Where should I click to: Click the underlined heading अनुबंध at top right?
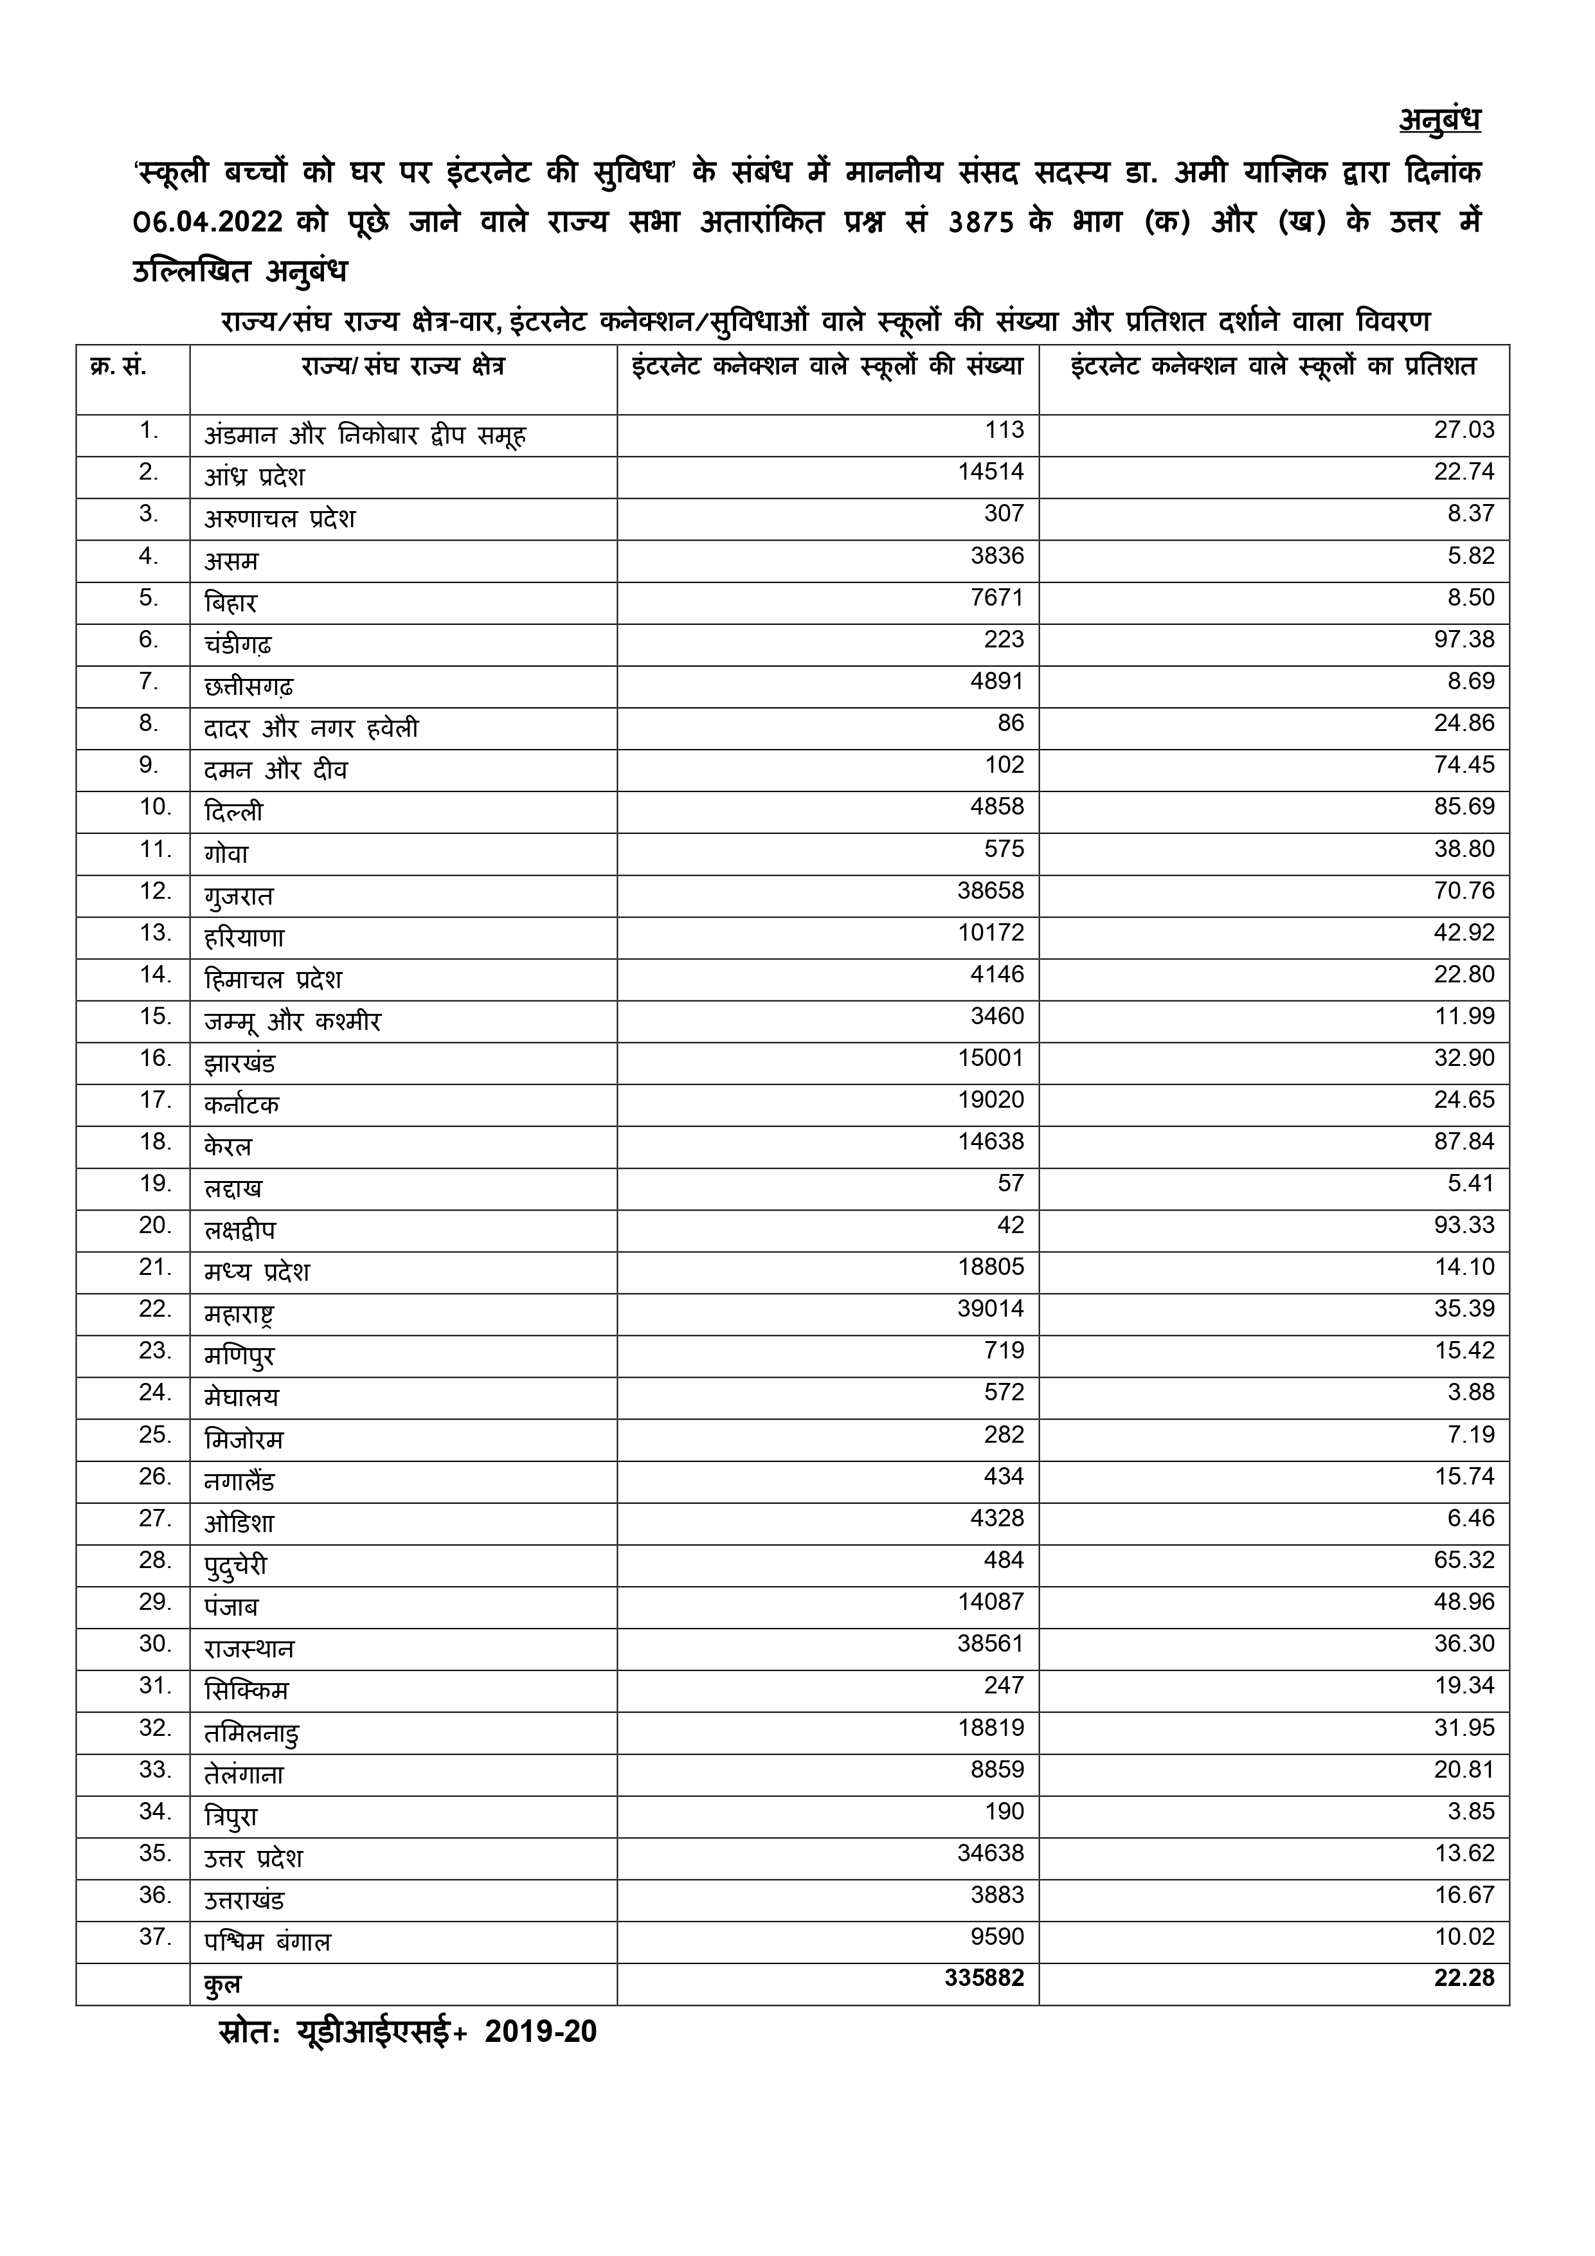1439,120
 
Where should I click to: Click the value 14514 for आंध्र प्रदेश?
991,473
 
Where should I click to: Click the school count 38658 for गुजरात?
991,891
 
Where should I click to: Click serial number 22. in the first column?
156,1309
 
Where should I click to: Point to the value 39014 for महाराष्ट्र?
991,1309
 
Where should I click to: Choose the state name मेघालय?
242,1397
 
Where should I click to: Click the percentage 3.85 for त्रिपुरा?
1470,1811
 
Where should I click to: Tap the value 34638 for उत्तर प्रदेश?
991,1853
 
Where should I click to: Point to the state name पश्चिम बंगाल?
267,1942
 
